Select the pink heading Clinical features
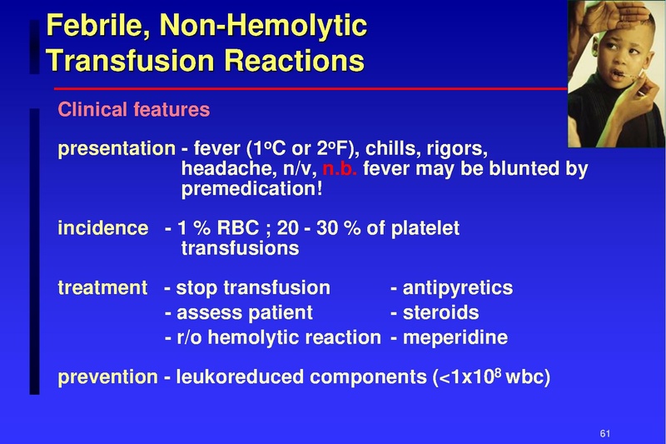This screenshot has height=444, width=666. (x=133, y=110)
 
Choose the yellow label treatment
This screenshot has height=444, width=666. (x=102, y=288)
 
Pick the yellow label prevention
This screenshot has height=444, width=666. (x=107, y=378)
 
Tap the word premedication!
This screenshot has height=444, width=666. (x=251, y=190)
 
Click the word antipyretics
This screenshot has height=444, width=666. (x=457, y=289)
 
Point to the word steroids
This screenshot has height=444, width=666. (x=440, y=313)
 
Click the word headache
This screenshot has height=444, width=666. (x=221, y=170)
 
